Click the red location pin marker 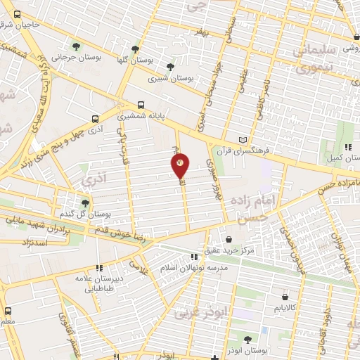(x=180, y=166)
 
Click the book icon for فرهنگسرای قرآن (x=244, y=141)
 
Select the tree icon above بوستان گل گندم (x=86, y=202)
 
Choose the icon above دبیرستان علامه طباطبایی (x=99, y=267)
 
